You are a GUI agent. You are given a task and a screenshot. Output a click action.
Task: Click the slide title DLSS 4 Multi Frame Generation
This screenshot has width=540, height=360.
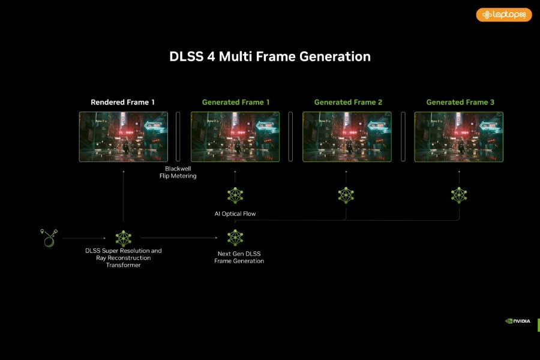pos(269,56)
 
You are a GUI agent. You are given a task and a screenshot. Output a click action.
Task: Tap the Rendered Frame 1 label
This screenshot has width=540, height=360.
pos(122,103)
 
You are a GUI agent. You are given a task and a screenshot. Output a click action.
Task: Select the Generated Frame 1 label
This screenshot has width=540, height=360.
pos(236,103)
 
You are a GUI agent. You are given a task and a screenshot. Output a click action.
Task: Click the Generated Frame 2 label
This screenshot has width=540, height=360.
pos(348,103)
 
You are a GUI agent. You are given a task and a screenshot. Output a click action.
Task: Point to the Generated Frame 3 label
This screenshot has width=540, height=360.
pos(460,103)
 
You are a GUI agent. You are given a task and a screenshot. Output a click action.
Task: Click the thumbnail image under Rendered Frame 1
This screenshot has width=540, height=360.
pos(123,137)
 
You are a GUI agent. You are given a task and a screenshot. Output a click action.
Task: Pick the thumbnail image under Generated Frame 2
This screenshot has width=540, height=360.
pos(347,137)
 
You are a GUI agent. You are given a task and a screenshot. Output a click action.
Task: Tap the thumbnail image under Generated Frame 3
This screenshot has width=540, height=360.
pos(459,137)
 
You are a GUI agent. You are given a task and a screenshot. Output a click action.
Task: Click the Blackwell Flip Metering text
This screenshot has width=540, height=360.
pos(178,172)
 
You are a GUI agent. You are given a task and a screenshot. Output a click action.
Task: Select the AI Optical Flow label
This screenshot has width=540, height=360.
pos(235,214)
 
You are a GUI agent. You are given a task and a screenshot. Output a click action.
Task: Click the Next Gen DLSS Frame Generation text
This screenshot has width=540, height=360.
pos(239,257)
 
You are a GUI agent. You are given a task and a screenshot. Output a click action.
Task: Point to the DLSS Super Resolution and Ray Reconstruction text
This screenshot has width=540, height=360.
pos(123,257)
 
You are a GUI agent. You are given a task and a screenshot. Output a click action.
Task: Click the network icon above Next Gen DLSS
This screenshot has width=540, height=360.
pos(235,238)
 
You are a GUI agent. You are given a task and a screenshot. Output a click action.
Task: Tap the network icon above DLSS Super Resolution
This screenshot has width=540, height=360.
pos(123,238)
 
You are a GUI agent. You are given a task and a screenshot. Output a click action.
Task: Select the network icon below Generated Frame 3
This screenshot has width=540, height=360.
pos(459,196)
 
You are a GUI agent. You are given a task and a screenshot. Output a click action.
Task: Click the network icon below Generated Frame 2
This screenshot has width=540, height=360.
pos(346,196)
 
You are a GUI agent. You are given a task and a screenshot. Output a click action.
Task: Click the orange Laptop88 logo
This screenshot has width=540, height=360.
pos(504,15)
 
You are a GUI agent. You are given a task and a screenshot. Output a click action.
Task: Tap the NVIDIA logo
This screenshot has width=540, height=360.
pos(518,321)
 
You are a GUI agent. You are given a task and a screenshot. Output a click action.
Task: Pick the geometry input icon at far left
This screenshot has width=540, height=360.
pos(49,238)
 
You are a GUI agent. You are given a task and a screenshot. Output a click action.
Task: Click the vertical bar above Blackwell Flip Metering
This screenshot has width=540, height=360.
pos(178,136)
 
